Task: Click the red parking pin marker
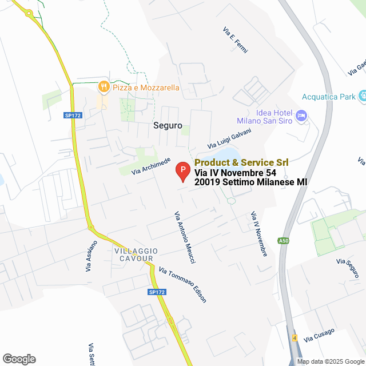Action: click(x=182, y=171)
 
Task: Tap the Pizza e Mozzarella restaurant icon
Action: click(x=104, y=87)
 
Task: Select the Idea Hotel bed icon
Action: click(x=302, y=116)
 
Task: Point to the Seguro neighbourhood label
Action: click(x=168, y=125)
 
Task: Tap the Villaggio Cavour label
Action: click(x=134, y=254)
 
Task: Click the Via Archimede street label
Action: click(x=151, y=166)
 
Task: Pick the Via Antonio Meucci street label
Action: click(x=185, y=237)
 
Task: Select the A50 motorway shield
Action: click(x=284, y=241)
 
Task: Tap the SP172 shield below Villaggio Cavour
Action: click(x=156, y=292)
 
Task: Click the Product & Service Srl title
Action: click(x=241, y=163)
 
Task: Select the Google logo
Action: click(x=18, y=359)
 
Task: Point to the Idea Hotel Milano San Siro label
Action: click(x=265, y=116)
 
